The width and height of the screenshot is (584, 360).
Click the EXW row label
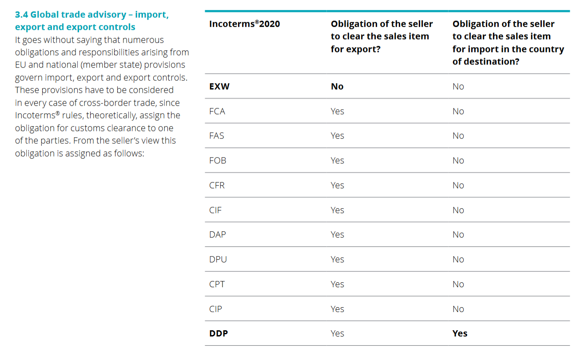219,86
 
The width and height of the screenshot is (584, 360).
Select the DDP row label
219,333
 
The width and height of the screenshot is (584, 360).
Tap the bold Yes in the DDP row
460,333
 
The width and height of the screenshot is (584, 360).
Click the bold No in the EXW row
337,86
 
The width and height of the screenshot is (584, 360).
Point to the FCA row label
217,111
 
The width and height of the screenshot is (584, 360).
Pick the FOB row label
218,160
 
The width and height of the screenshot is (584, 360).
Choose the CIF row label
215,210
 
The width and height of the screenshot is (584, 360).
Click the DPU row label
218,259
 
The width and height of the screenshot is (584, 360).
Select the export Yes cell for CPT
338,284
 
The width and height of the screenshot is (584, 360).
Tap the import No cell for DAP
458,234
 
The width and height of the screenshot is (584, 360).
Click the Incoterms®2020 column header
244,24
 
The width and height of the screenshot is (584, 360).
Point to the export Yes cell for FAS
338,135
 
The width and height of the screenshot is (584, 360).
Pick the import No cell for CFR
458,185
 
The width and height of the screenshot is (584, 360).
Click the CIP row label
215,309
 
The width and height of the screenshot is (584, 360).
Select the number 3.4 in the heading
21,15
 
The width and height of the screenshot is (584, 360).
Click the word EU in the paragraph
20,65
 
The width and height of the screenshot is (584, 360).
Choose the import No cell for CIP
458,309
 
